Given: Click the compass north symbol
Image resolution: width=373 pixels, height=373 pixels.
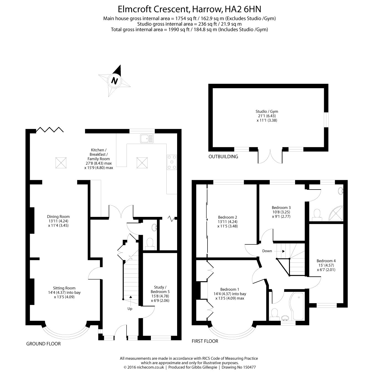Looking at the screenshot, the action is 114,80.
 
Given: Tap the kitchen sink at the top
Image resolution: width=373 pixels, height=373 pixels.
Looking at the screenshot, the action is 147,138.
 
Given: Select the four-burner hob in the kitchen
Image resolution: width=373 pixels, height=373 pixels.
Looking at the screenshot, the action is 172,162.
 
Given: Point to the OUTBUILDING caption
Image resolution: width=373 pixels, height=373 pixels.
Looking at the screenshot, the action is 223,157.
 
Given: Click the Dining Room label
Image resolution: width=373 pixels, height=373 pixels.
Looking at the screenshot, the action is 58,221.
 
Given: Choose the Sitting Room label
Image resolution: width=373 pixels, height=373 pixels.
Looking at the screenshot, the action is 64,292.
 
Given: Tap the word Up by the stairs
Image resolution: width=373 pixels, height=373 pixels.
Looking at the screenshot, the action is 130,309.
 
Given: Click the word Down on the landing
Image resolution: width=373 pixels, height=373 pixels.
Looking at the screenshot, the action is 267,251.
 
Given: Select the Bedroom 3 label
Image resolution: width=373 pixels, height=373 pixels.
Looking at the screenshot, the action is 281,212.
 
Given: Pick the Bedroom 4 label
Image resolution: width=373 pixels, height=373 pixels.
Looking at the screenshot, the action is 326,265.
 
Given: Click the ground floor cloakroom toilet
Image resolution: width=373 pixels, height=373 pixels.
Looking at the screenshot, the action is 150,243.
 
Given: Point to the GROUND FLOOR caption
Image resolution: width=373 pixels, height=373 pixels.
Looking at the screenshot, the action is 43,344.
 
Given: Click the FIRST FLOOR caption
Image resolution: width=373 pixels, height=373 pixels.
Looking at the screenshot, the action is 205,341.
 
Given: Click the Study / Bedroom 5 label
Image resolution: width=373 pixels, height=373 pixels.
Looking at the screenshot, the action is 160,294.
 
